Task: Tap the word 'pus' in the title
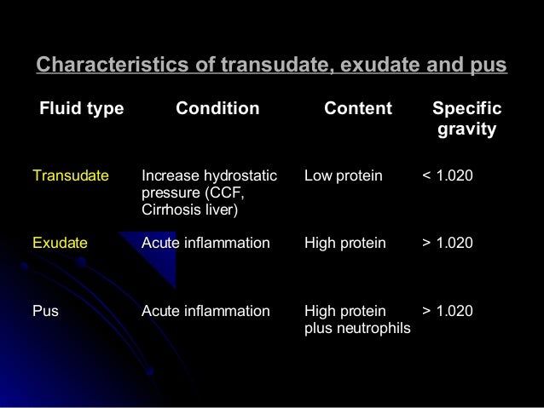[489, 66]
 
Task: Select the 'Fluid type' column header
[81, 110]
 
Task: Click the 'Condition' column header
[217, 110]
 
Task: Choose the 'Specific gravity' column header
[466, 120]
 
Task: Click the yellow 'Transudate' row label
[71, 176]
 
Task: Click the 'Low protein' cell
[344, 176]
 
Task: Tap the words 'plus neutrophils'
[357, 327]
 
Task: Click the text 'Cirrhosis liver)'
[190, 210]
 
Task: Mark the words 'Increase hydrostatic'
[209, 176]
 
